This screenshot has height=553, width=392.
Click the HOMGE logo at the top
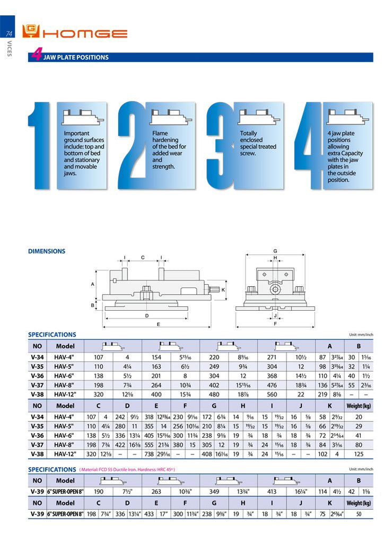coord(74,33)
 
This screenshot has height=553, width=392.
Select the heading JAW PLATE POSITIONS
coord(76,57)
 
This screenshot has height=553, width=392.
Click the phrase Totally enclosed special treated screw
coord(258,143)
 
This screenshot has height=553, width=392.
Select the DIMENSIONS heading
coord(47,251)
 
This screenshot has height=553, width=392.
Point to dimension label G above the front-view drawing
coord(275,251)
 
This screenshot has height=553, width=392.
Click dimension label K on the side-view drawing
coord(223,289)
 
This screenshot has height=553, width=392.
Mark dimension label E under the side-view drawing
coord(158,323)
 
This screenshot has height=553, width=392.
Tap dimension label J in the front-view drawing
coord(275,315)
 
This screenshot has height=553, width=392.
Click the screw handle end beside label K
coord(215,289)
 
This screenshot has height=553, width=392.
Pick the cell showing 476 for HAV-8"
coord(272,385)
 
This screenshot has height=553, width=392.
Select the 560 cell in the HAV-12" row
coord(272,394)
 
